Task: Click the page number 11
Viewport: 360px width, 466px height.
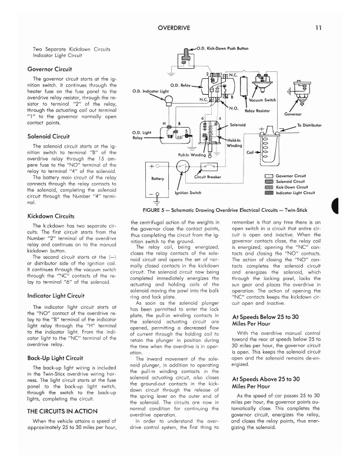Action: pyautogui.click(x=318, y=28)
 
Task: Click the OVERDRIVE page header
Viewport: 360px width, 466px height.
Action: pyautogui.click(x=179, y=28)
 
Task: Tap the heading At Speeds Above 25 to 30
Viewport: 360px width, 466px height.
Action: pyautogui.click(x=264, y=379)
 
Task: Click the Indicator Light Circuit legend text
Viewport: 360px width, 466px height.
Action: pyautogui.click(x=295, y=192)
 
